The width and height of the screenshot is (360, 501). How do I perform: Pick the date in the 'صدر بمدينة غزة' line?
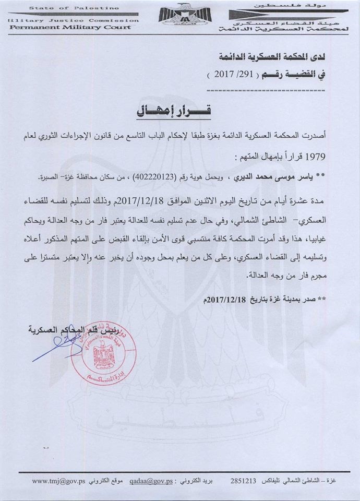tap(230, 301)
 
